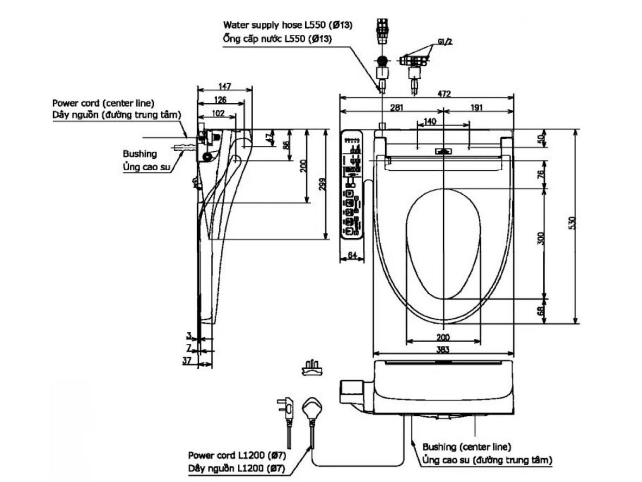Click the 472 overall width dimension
444,94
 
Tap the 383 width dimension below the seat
443,352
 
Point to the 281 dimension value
397,108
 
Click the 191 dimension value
476,108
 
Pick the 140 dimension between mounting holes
430,122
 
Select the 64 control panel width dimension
352,255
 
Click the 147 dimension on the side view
225,86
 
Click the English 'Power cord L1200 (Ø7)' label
237,455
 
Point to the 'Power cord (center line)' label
103,102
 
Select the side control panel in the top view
352,185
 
